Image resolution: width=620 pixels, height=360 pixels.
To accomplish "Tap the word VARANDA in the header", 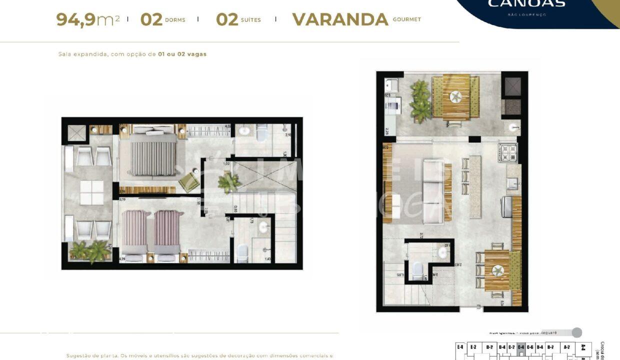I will [340, 19].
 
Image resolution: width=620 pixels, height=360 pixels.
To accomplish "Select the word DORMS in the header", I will [174, 20].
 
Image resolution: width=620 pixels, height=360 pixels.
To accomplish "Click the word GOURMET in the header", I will [406, 19].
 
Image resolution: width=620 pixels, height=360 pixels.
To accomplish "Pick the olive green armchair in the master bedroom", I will [188, 181].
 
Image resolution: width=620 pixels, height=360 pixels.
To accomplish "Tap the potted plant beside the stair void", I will [229, 182].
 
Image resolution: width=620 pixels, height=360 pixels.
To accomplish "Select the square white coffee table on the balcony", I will [91, 192].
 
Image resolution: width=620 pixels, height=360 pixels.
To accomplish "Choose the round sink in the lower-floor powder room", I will [443, 250].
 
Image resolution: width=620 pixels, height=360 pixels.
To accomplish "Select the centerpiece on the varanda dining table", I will [455, 96].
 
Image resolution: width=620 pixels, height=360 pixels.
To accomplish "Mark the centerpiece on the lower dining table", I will [497, 270].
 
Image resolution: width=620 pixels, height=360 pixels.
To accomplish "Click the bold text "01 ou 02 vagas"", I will [182, 54].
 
